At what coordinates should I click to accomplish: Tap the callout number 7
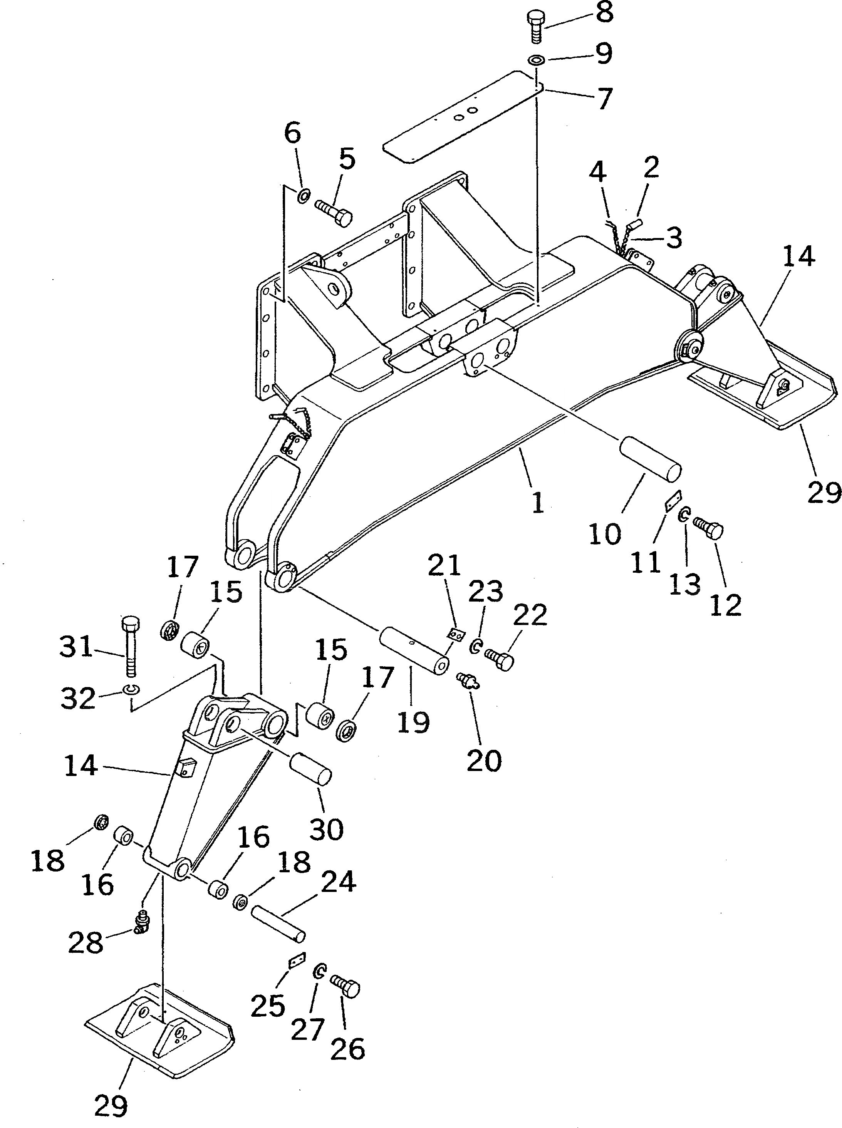click(604, 99)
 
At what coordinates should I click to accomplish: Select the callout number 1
click(538, 501)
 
